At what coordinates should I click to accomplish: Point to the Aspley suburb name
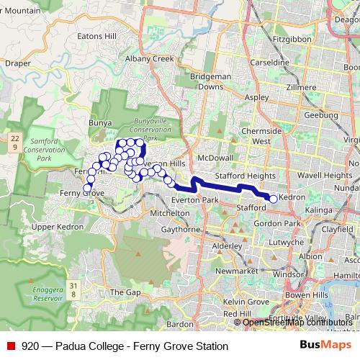(256, 96)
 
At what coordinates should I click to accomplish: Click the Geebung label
(321, 114)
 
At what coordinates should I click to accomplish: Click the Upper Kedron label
(54, 227)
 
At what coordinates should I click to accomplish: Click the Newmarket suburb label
(236, 270)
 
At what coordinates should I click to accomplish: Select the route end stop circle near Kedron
(273, 199)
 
